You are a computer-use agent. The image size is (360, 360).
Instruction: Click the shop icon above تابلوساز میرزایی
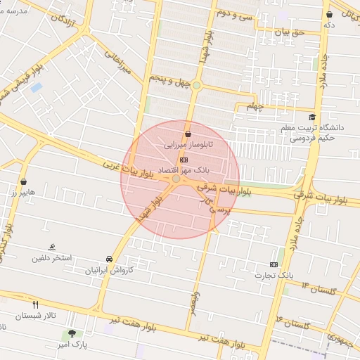[188, 134]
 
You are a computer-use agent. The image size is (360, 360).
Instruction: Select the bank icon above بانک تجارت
[274, 264]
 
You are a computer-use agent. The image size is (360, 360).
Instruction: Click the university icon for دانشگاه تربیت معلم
[312, 117]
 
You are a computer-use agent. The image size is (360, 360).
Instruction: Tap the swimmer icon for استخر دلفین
[52, 247]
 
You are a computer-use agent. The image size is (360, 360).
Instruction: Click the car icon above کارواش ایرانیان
[109, 259]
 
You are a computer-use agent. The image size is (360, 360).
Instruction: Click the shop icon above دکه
[329, 14]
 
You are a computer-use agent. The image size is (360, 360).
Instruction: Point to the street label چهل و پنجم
[169, 81]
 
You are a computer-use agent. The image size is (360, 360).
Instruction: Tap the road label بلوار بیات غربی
[126, 169]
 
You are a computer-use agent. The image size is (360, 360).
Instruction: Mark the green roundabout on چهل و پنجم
[198, 86]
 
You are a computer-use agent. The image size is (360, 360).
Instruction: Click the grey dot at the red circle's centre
[176, 180]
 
